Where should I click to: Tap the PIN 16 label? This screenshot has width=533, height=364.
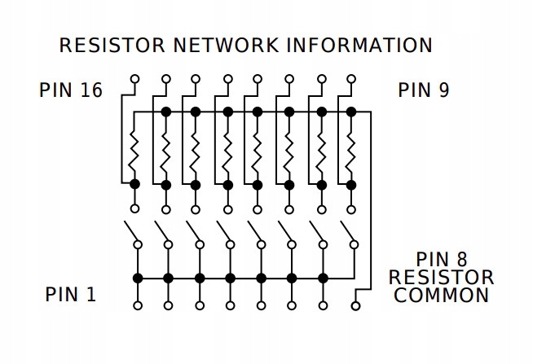click(71, 90)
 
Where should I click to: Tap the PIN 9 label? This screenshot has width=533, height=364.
click(423, 90)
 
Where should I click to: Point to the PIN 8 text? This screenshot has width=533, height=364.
click(441, 260)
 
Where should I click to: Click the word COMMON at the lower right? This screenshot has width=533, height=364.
click(441, 295)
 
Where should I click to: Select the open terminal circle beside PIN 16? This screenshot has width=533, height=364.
click(135, 79)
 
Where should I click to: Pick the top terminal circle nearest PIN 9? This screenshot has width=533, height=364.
click(352, 79)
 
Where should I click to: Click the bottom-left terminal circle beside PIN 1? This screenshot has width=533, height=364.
click(137, 306)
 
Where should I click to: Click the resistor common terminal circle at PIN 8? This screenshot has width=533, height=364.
click(355, 306)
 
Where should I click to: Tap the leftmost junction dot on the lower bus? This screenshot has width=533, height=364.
click(137, 278)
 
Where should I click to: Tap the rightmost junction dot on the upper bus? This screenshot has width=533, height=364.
click(352, 112)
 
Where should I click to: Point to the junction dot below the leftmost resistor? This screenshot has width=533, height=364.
click(135, 185)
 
